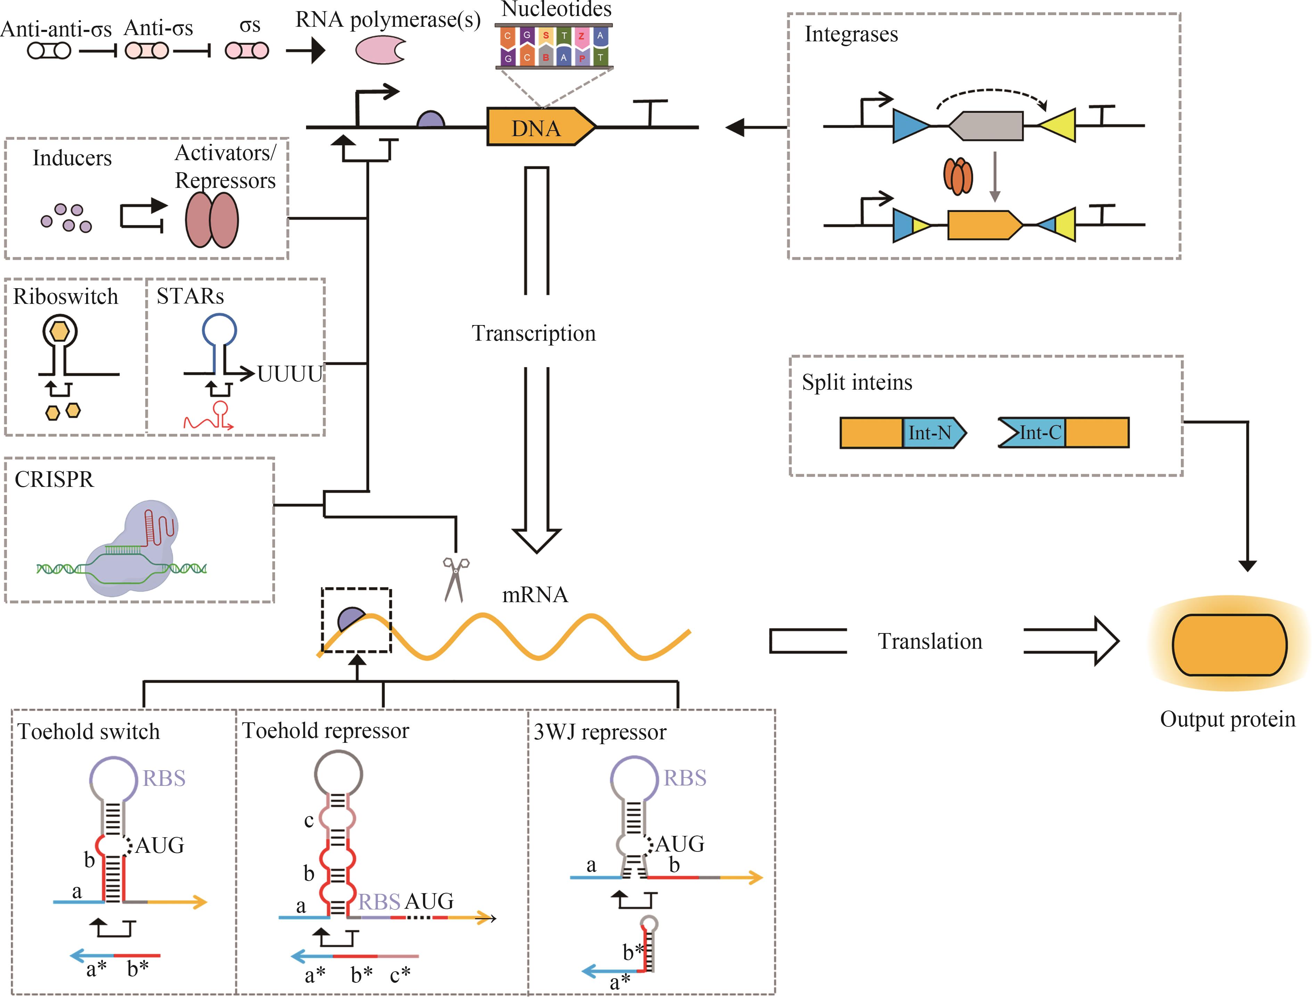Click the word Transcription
[x=533, y=333]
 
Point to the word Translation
[x=930, y=641]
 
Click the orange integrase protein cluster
[x=957, y=176]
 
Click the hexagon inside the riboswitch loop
[x=59, y=331]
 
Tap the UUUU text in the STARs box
[x=290, y=374]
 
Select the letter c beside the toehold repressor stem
[x=309, y=821]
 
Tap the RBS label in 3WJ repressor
[x=684, y=778]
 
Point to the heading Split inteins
[x=857, y=383]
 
